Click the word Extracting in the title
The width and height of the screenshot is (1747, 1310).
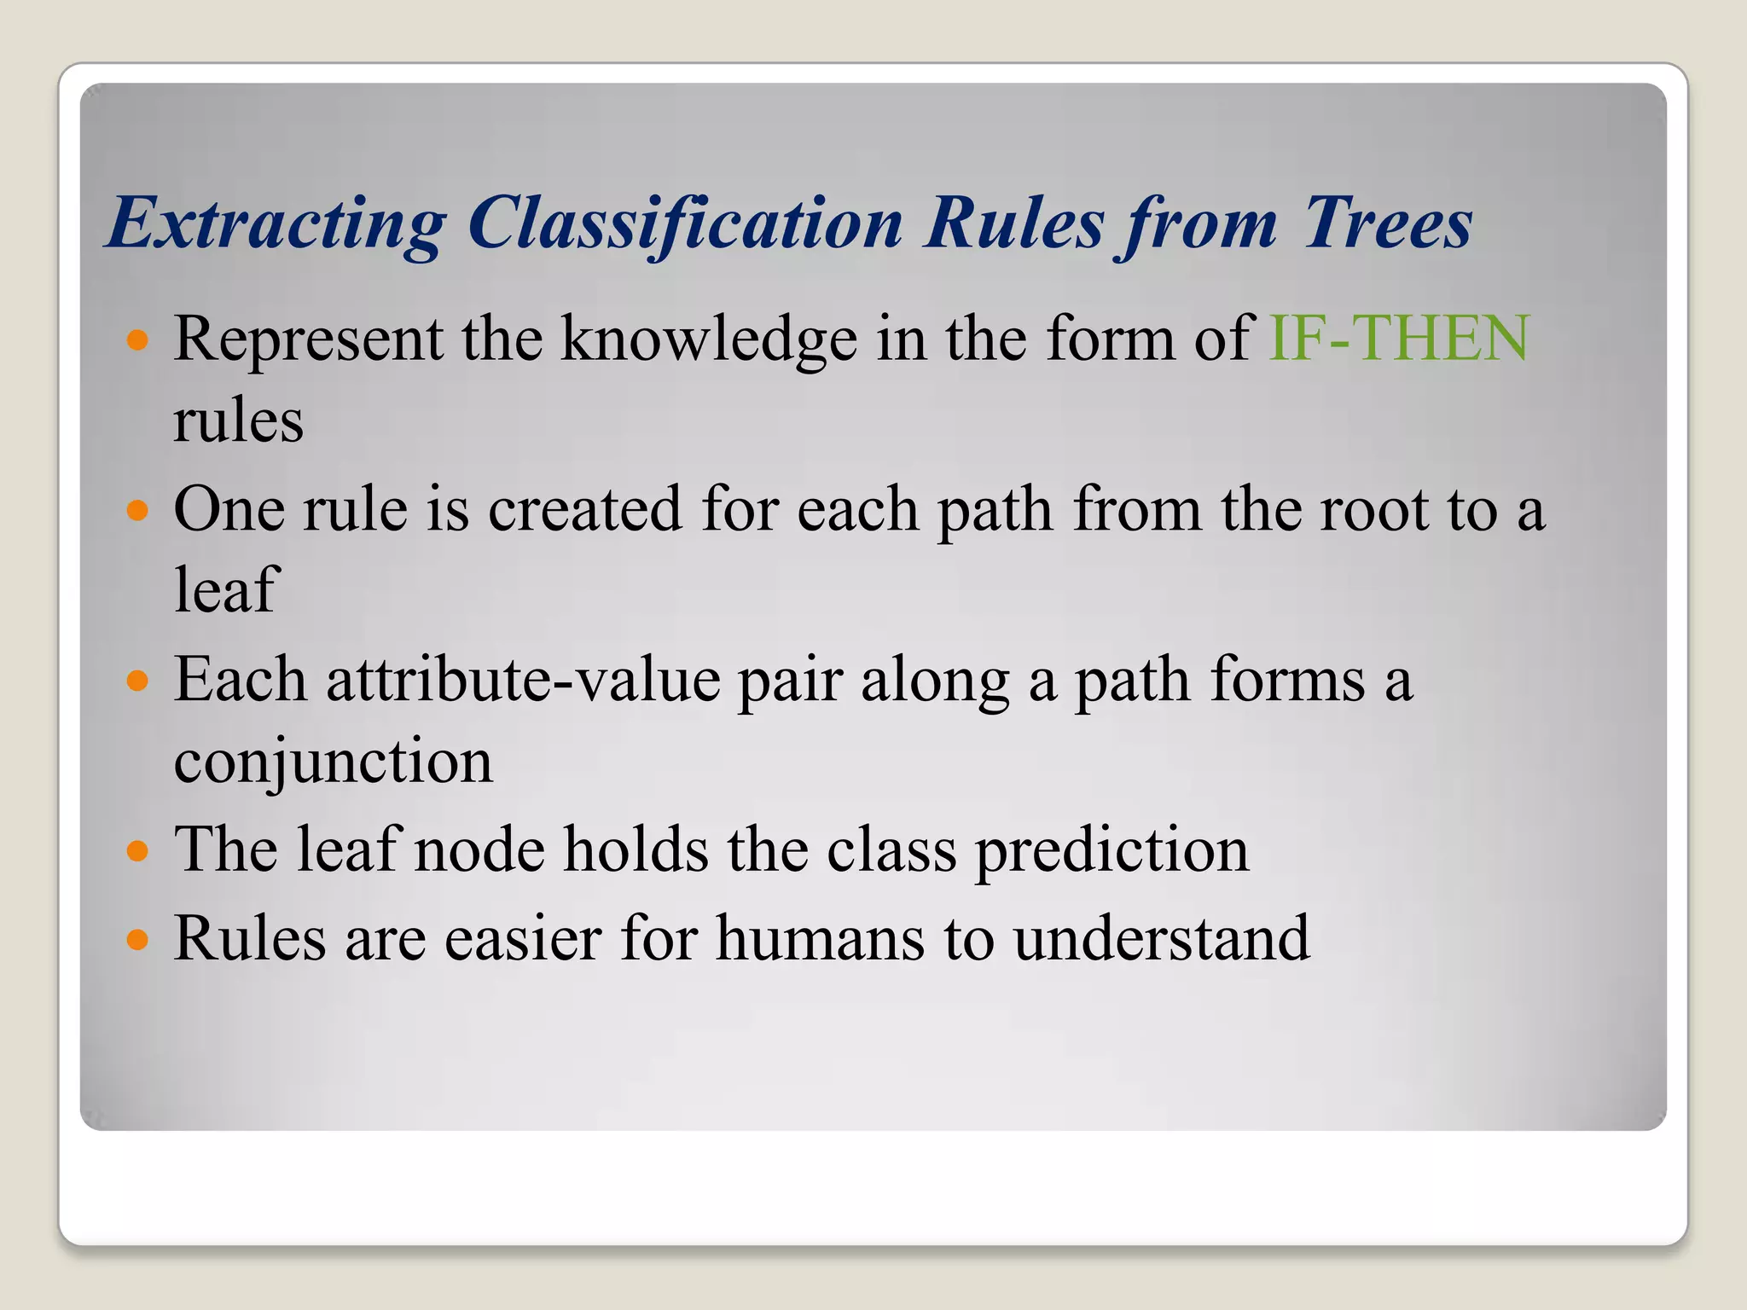(x=276, y=223)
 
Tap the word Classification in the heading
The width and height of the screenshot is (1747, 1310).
(x=685, y=223)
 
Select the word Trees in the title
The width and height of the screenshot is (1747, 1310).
(x=1386, y=223)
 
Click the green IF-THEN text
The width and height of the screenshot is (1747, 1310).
(x=1399, y=339)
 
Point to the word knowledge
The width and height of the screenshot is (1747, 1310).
(x=708, y=339)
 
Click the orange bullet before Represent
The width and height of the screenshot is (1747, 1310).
(x=136, y=341)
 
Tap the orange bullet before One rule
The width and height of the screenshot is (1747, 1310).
(x=136, y=511)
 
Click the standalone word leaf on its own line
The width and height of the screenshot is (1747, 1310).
(x=225, y=589)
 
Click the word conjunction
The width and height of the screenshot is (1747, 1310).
(x=333, y=761)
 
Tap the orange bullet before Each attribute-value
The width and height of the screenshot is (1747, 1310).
(x=136, y=681)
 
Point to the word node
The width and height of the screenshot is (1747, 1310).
(x=479, y=849)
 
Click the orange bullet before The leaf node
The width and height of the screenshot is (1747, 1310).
(x=136, y=851)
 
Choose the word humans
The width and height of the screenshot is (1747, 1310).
(x=820, y=938)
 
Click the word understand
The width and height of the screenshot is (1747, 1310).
(x=1161, y=938)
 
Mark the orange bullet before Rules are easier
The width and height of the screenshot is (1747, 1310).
(x=136, y=940)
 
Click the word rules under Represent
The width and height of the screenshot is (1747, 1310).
(x=238, y=420)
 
